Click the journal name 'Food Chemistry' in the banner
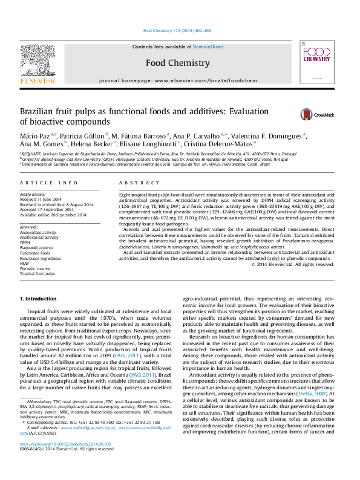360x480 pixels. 178,63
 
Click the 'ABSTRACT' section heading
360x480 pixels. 131,183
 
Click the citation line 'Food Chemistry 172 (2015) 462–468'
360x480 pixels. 177,30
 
